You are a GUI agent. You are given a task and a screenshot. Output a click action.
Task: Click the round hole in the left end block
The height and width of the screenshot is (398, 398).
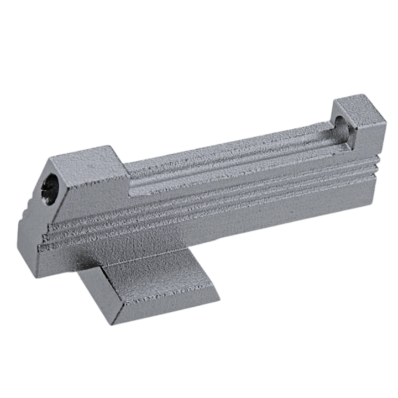pyautogui.click(x=50, y=187)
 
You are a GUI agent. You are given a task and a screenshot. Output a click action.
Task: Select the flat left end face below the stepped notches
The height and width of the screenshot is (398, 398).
pyautogui.click(x=28, y=243)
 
